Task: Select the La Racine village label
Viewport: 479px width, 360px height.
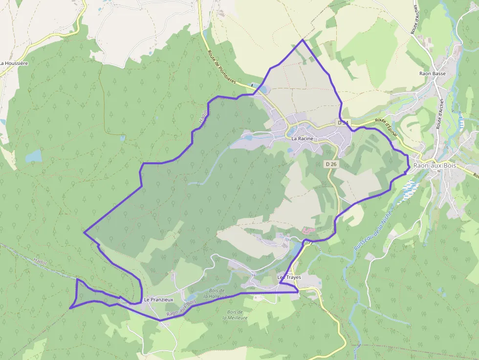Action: tap(302, 139)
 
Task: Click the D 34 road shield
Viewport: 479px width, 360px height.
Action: tap(344, 123)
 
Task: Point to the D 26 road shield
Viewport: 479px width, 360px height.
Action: tap(331, 164)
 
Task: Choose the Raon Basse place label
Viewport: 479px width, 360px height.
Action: tap(433, 74)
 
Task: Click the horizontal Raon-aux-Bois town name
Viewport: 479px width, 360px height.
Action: tap(435, 166)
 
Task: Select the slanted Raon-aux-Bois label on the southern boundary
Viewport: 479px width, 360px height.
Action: tap(181, 309)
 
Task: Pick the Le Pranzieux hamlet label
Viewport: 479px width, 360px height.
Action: tap(159, 299)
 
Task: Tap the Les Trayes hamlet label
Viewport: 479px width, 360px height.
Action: tap(289, 277)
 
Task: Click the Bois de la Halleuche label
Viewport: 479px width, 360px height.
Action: tap(216, 293)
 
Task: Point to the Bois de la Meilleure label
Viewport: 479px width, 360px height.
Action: tap(235, 315)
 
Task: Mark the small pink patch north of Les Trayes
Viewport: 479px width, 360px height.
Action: tap(308, 230)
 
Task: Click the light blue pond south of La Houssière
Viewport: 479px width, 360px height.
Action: tap(34, 156)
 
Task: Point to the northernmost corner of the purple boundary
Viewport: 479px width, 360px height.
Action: tap(302, 40)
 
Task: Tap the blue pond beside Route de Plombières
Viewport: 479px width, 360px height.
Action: tap(260, 89)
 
